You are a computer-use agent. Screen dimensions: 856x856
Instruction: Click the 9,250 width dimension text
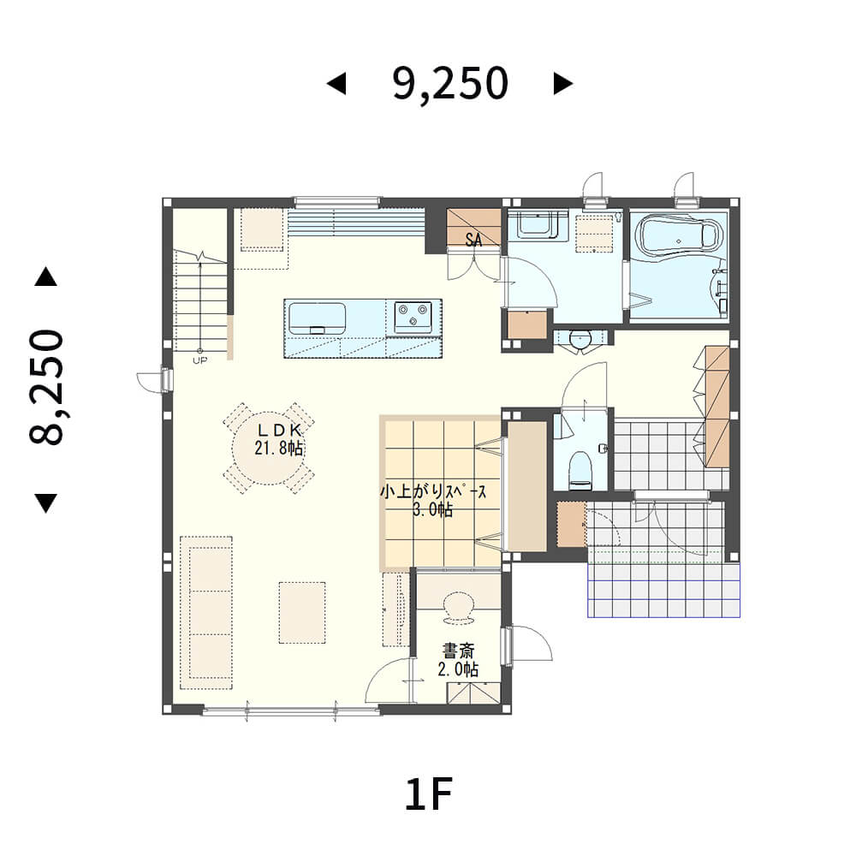point(450,84)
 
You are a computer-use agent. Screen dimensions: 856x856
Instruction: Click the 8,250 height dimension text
point(46,387)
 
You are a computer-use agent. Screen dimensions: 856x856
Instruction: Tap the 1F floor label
point(429,795)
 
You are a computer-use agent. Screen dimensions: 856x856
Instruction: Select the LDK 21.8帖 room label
point(278,439)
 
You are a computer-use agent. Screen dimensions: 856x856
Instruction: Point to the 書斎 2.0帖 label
point(459,659)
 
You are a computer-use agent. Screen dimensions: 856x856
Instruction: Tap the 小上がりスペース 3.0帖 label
point(433,501)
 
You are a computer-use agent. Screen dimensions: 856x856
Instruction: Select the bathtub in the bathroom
point(679,235)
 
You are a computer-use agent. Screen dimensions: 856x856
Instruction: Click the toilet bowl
point(580,469)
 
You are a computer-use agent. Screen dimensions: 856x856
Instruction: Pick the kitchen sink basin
point(318,318)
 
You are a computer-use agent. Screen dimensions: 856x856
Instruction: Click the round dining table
point(269,448)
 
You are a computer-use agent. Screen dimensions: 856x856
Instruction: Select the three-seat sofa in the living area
point(206,613)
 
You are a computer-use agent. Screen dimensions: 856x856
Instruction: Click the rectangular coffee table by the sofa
point(302,613)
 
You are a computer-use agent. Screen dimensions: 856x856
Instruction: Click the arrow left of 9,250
point(336,84)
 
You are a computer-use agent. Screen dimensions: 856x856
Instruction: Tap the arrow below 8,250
point(46,503)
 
